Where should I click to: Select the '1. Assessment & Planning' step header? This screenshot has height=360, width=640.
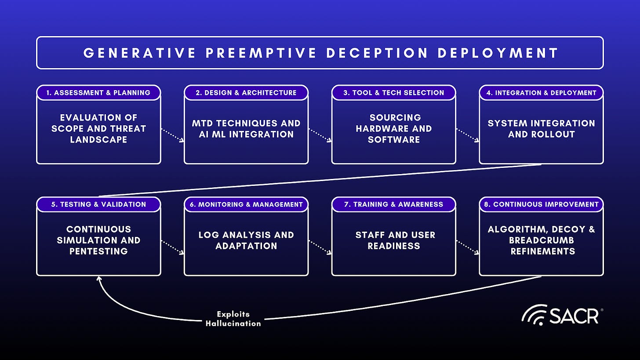(98, 93)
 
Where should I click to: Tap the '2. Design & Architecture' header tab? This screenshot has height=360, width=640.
(246, 93)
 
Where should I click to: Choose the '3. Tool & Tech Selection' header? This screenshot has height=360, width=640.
(394, 93)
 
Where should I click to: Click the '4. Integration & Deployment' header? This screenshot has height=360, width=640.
(541, 93)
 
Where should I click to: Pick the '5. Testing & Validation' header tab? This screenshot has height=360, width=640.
(98, 204)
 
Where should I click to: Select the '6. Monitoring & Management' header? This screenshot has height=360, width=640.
(246, 204)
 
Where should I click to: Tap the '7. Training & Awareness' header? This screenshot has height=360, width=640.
(394, 204)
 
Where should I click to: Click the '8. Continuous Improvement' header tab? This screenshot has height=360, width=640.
(541, 204)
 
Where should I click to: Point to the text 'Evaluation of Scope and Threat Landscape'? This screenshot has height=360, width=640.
(98, 129)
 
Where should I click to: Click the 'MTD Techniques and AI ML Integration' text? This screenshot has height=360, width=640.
(246, 129)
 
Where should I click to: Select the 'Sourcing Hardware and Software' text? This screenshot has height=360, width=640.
(394, 129)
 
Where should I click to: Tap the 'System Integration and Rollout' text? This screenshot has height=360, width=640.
(541, 129)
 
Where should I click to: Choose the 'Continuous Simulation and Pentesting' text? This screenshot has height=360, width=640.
(98, 240)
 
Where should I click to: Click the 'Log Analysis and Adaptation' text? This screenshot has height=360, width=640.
(246, 240)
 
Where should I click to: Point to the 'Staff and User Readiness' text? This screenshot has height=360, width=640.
(394, 240)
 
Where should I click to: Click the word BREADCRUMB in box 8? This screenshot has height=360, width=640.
(541, 241)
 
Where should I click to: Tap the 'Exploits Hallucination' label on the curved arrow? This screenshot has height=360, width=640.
(233, 319)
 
